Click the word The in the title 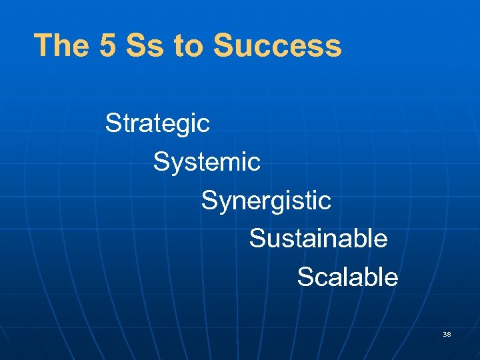tap(59, 46)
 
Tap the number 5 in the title tap(106, 46)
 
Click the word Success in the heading tap(277, 46)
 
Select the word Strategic tap(157, 123)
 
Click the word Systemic tap(207, 161)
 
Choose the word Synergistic tap(266, 200)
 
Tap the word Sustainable tap(318, 238)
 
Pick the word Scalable tap(347, 277)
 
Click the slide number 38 tap(447, 333)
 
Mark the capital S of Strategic tap(113, 123)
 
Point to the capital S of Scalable tap(305, 277)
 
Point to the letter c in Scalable tap(321, 278)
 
